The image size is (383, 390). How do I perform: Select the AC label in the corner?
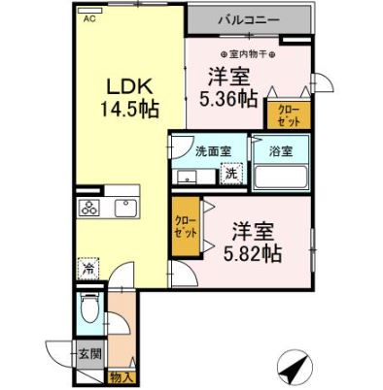tap(89, 18)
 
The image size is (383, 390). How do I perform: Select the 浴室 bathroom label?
tap(280, 150)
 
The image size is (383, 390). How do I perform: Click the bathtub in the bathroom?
tap(280, 176)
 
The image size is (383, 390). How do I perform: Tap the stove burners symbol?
tap(89, 209)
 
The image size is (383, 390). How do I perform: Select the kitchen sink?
tap(127, 209)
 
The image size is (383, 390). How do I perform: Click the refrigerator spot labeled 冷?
tap(89, 270)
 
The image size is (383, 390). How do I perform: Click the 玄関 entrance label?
tap(88, 354)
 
